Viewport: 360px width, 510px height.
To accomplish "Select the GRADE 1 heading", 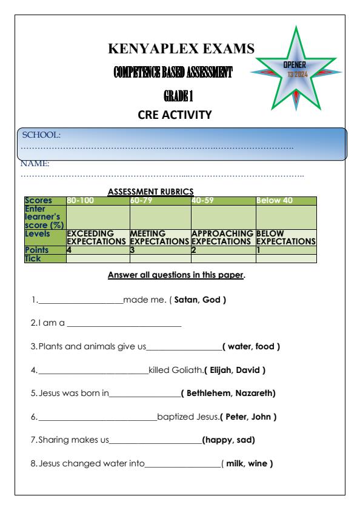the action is point(180,96).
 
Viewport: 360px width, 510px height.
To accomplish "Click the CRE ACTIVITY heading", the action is point(180,115).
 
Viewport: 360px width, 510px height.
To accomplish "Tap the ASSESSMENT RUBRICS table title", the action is point(150,191).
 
